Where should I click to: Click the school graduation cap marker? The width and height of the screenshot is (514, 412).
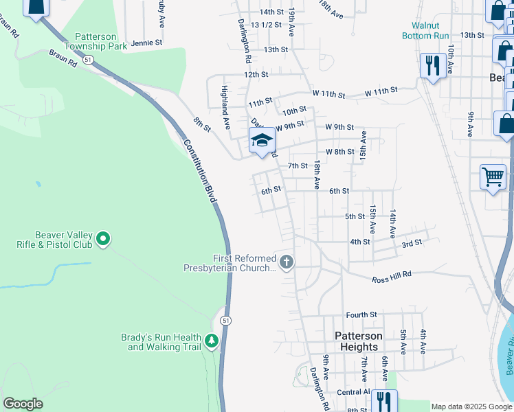tap(262, 141)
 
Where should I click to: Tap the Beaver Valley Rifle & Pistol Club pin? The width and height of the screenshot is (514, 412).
tap(104, 239)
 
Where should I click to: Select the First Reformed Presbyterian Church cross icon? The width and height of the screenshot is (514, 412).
tap(287, 261)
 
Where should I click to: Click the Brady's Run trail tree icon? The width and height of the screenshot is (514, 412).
tap(212, 339)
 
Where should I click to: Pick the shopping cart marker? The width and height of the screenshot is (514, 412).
tap(493, 176)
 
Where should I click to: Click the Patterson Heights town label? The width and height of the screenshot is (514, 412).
tap(359, 341)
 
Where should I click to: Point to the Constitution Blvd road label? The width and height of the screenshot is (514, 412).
tap(201, 171)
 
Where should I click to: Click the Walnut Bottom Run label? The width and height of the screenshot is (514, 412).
tap(426, 30)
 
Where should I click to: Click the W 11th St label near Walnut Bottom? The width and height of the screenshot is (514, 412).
tap(381, 91)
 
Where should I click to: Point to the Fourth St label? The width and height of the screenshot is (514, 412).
tap(361, 314)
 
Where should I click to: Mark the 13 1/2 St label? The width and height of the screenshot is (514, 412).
tap(267, 25)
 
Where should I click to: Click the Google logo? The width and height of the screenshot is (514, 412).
tap(23, 404)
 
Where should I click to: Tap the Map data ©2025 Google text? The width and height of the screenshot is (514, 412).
tap(471, 407)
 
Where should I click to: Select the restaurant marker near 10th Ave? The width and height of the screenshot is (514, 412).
tap(432, 66)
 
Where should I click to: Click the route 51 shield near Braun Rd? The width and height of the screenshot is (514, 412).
tap(87, 60)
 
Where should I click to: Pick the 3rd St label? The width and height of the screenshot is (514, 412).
tap(411, 244)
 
